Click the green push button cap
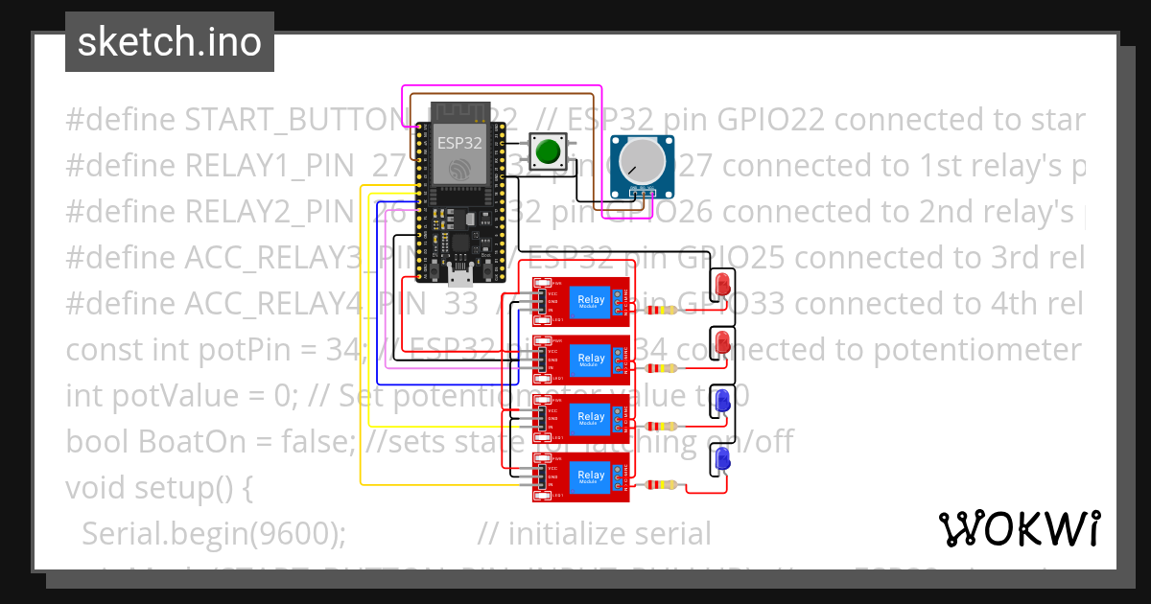548,151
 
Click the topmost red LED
722,284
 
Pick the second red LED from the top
722,342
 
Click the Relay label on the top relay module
591,301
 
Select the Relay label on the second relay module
591,360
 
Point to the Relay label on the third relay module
591,417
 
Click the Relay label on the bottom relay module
591,476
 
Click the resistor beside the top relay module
662,310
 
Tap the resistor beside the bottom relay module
662,485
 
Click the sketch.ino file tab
170,42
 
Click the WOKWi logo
1019,529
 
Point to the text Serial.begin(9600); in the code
214,534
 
